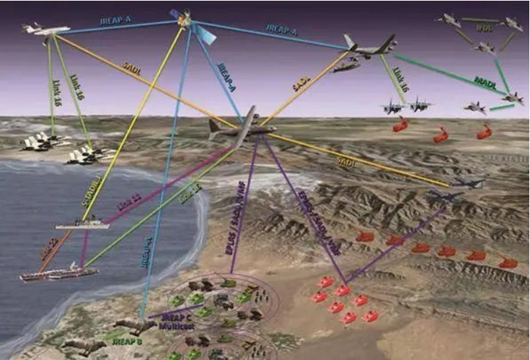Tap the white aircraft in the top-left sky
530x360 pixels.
pos(45,30)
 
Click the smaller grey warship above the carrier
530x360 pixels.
pos(82,225)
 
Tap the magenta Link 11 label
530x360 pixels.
pos(129,208)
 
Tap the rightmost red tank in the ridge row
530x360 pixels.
pos(507,262)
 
